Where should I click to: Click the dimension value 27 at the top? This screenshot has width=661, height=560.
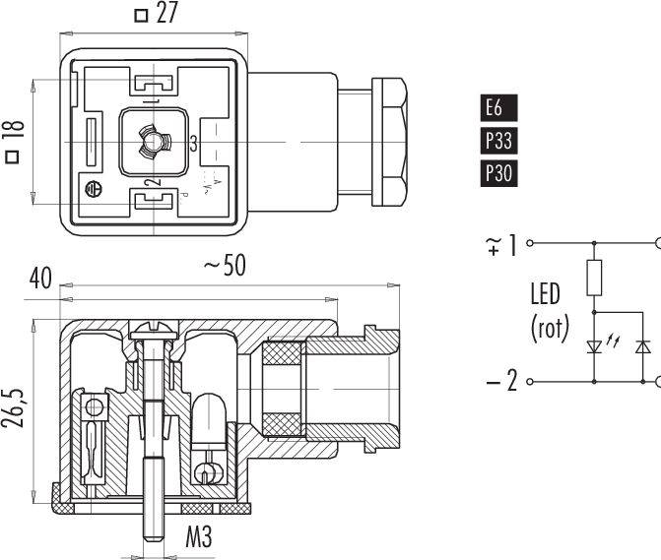(169, 15)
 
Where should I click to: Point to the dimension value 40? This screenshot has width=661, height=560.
(39, 279)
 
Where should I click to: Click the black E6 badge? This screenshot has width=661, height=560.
(498, 107)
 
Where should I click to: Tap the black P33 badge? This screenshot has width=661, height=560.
(498, 141)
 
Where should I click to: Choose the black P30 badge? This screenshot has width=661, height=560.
(498, 174)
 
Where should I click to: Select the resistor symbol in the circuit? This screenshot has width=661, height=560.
(595, 278)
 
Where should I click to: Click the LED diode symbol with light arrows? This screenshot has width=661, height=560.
(595, 345)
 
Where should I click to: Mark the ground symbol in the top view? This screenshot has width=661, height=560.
(96, 190)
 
